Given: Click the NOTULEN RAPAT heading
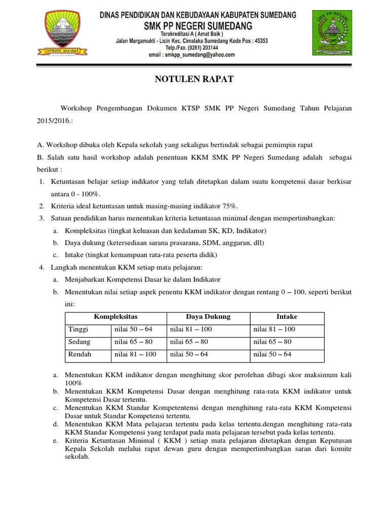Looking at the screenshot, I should click(x=194, y=80).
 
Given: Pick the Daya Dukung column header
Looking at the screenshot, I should click(x=208, y=317).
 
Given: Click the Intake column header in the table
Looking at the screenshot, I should click(x=287, y=317).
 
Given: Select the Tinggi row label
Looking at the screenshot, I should click(x=78, y=329).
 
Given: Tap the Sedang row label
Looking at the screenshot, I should click(x=79, y=342).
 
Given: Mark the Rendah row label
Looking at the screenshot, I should click(x=80, y=355).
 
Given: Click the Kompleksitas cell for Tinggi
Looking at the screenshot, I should click(x=133, y=329).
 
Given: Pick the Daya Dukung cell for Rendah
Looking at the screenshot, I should click(x=188, y=355).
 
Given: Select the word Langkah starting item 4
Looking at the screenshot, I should click(x=65, y=267).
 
